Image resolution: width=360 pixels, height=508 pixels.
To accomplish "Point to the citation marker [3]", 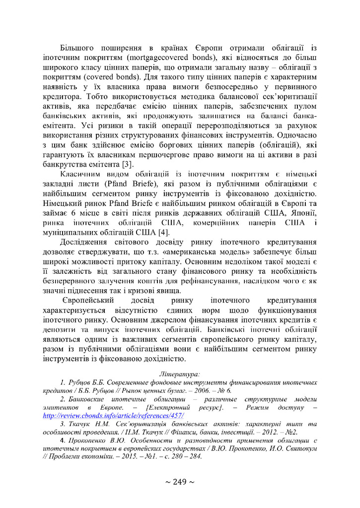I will [128, 163].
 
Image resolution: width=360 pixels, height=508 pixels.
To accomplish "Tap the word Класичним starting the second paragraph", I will [81, 175].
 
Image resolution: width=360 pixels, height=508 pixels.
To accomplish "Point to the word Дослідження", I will [86, 242].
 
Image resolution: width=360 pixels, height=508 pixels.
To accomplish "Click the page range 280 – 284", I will [184, 456].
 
